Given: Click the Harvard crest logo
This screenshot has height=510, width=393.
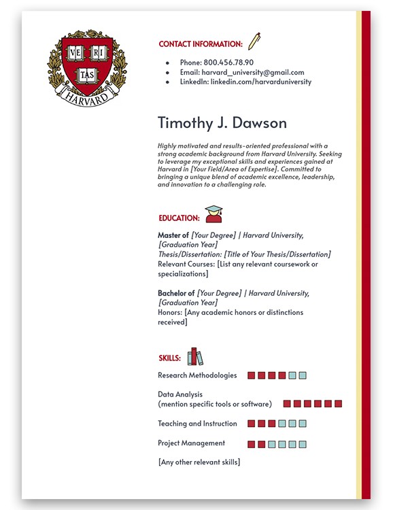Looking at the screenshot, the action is (86, 67).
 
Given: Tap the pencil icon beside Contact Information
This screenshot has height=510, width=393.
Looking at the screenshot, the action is (254, 41).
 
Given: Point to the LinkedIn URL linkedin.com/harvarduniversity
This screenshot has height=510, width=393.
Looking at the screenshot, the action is (260, 82).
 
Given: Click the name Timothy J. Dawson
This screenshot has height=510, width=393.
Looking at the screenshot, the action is (222, 123).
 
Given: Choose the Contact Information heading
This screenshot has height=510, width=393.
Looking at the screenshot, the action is (201, 44).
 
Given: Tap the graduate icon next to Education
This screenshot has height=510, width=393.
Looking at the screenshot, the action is (213, 214).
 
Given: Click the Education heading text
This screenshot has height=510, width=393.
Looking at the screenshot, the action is (179, 218).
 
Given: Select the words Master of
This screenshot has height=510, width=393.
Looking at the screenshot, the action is (173, 235).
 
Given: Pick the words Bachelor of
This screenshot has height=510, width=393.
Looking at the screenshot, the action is (176, 293).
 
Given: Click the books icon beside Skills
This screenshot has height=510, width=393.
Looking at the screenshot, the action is (195, 356).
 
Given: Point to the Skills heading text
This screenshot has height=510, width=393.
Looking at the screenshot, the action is (169, 358).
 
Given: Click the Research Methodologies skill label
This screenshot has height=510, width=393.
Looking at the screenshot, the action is (197, 375).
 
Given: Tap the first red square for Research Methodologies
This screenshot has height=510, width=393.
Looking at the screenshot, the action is (251, 375).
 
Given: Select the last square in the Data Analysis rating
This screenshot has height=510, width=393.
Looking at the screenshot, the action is (338, 404).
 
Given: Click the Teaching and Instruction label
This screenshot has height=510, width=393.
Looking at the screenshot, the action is (197, 424).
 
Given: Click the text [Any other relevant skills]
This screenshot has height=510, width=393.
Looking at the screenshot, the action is (199, 462).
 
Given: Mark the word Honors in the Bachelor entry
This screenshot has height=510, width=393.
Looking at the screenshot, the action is (169, 313).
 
